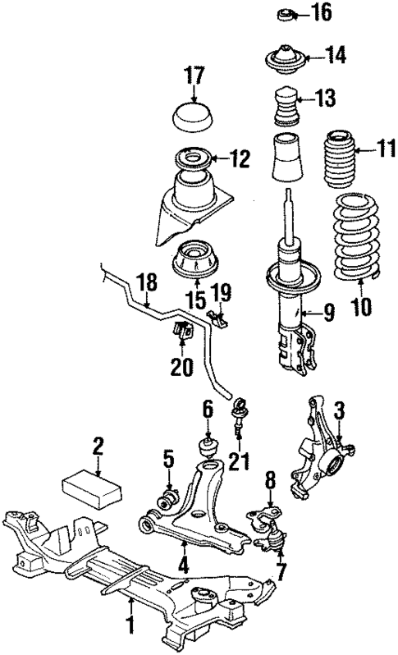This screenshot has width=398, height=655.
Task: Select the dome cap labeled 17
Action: [193, 117]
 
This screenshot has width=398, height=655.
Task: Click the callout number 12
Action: [239, 158]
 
